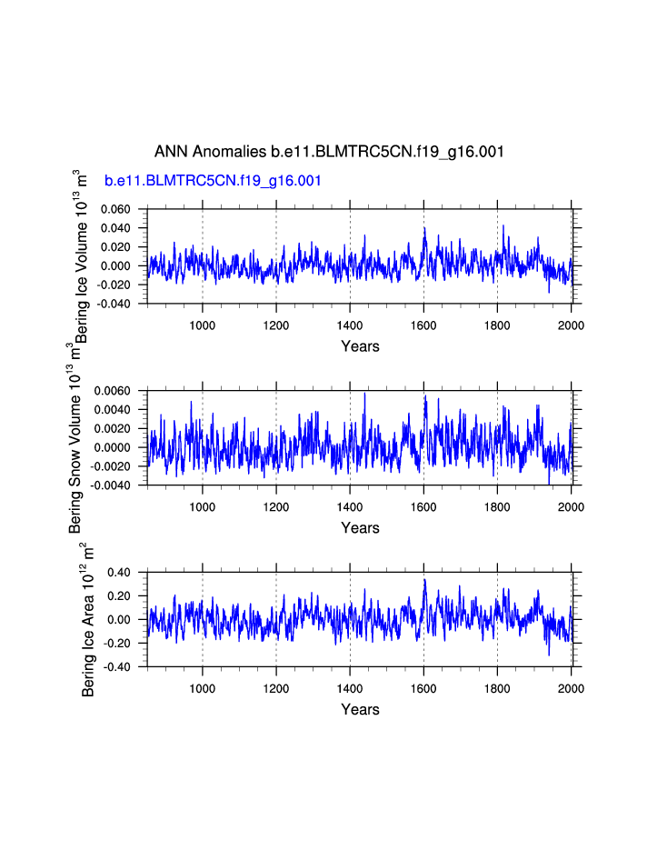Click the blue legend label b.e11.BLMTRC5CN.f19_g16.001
(213, 181)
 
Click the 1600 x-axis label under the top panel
(423, 325)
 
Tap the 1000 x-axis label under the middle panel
(203, 506)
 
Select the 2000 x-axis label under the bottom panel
(571, 688)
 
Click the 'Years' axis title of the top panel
(360, 346)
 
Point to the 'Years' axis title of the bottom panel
(360, 710)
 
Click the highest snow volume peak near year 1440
(364, 394)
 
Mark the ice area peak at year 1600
(424, 580)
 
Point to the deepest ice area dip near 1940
(549, 654)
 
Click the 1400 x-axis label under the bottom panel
(350, 688)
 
